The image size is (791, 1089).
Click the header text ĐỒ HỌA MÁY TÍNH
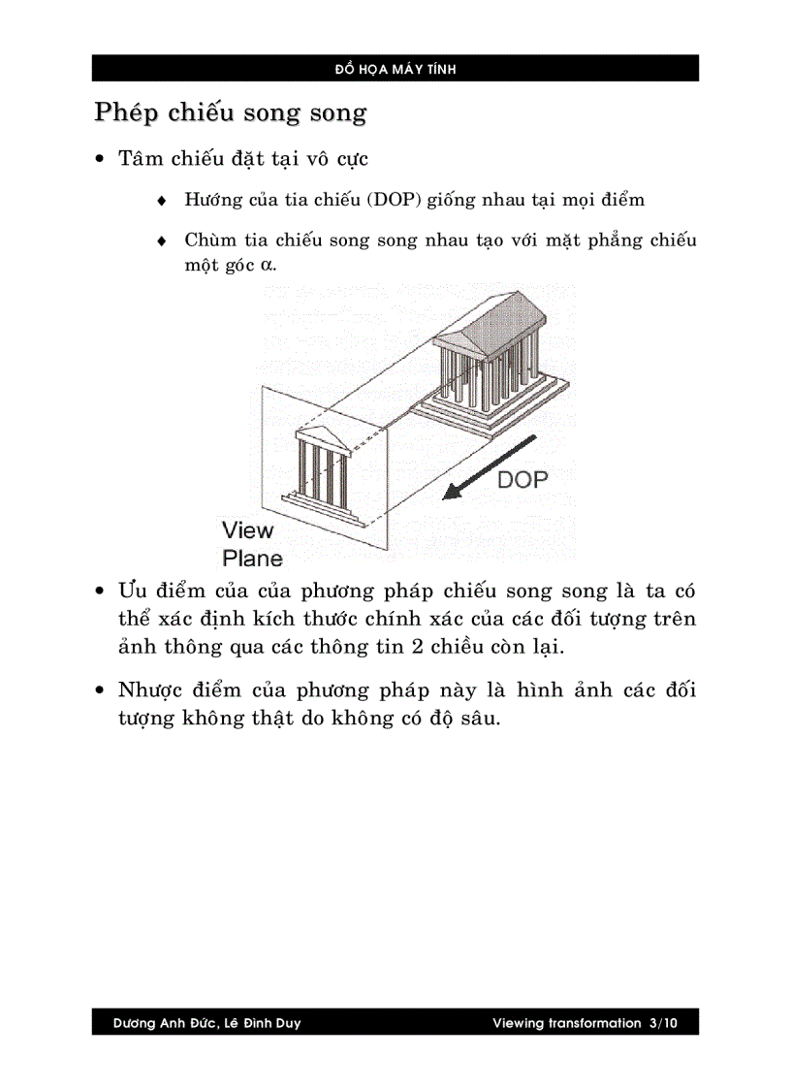tap(395, 69)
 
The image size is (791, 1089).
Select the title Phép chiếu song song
tap(230, 112)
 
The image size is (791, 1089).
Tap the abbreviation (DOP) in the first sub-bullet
tap(391, 200)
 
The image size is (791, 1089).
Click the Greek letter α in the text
tap(267, 265)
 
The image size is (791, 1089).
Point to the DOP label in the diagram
tap(522, 479)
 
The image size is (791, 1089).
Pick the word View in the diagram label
tap(248, 530)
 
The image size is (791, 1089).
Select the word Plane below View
tap(253, 558)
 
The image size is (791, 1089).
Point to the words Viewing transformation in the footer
tap(566, 1023)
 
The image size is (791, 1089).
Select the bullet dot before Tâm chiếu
tap(100, 158)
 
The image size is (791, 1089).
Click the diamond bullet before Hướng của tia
tap(162, 201)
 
